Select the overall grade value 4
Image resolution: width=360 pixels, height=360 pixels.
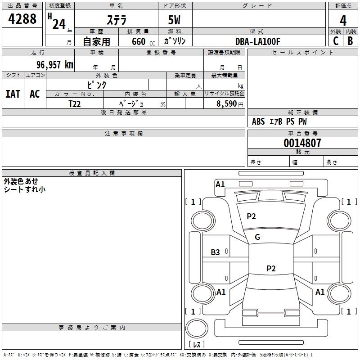pyautogui.click(x=343, y=21)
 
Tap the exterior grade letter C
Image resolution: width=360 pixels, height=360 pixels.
pyautogui.click(x=336, y=41)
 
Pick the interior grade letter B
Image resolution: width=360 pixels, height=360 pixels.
pyautogui.click(x=350, y=41)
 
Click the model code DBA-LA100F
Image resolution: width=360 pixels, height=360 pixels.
pyautogui.click(x=258, y=41)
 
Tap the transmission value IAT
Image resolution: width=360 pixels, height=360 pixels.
pyautogui.click(x=13, y=94)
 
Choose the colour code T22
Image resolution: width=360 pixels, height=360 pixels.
pyautogui.click(x=75, y=103)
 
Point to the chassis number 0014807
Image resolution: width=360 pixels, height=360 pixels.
pyautogui.click(x=302, y=143)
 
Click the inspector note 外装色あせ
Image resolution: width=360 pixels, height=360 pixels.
pyautogui.click(x=21, y=181)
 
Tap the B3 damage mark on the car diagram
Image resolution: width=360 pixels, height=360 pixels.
pyautogui.click(x=216, y=252)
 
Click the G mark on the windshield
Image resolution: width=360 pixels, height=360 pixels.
pyautogui.click(x=257, y=237)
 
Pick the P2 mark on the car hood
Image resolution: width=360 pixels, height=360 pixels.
pyautogui.click(x=251, y=216)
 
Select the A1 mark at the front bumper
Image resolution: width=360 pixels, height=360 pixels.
pyautogui.click(x=220, y=184)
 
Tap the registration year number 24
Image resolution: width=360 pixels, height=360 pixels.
pyautogui.click(x=59, y=23)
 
